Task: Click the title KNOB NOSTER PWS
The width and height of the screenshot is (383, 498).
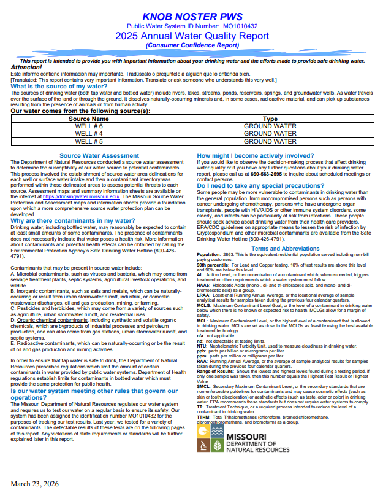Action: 192,15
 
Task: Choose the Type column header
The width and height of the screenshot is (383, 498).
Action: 270,119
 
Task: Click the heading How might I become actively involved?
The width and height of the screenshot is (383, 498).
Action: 267,156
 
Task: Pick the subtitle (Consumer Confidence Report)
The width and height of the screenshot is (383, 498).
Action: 192,45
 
